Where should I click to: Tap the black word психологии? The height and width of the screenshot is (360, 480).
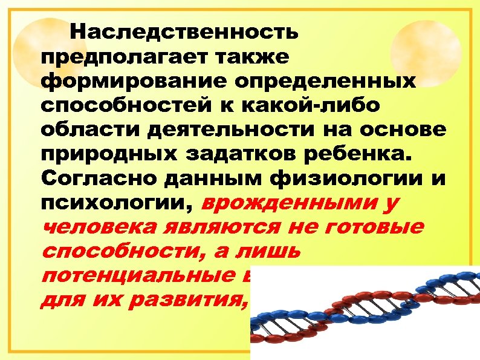[x=114, y=205]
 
